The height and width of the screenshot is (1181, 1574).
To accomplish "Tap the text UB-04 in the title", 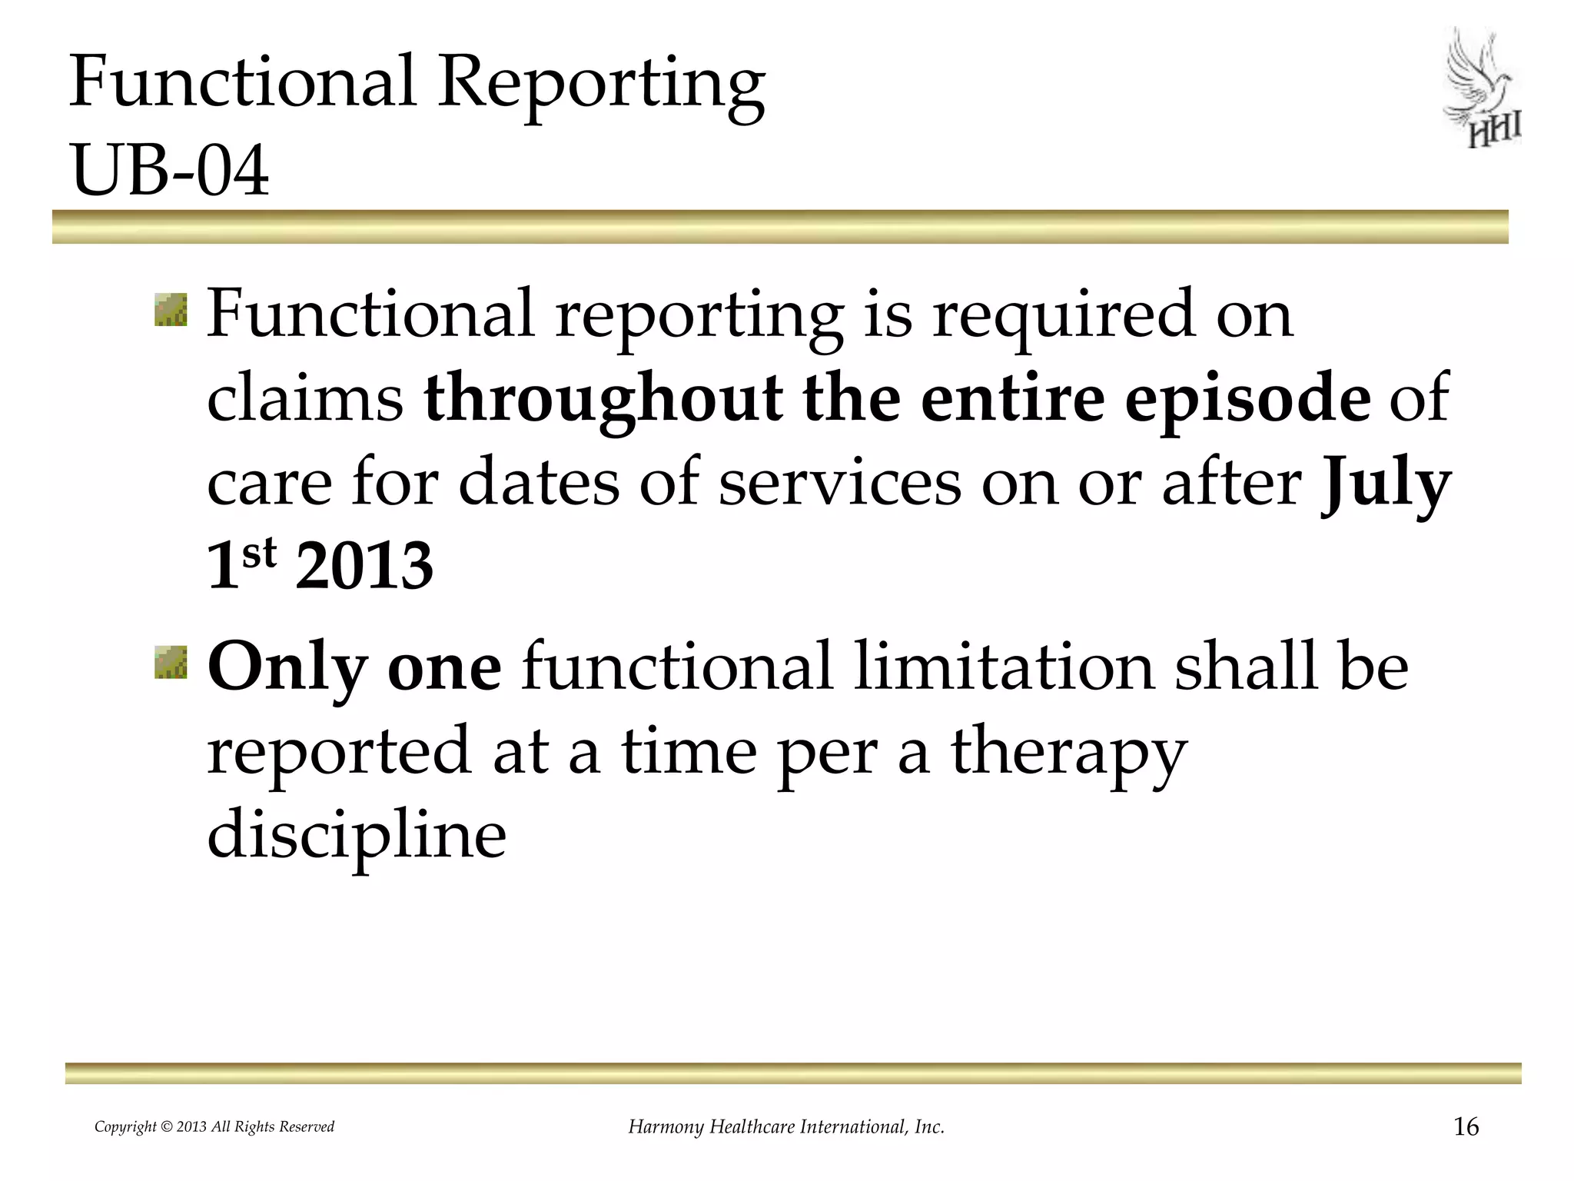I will [x=169, y=171].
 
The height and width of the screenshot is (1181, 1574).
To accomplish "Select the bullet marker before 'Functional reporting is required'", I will [x=171, y=309].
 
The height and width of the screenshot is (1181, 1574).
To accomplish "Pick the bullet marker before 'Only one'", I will [x=171, y=663].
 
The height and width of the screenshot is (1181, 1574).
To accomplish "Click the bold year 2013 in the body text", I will [x=364, y=566].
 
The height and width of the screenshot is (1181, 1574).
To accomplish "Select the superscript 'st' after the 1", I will [x=258, y=552].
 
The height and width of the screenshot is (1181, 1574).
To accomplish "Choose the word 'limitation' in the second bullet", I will [x=1003, y=666].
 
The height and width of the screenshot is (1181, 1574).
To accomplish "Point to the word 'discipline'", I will [x=357, y=833].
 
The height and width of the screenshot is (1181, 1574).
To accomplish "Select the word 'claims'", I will [x=305, y=398].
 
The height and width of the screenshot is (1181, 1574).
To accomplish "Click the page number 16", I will [x=1466, y=1127].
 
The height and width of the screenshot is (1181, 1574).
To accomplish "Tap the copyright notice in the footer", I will [x=214, y=1127].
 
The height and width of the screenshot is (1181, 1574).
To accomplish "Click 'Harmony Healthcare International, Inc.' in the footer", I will [x=786, y=1127].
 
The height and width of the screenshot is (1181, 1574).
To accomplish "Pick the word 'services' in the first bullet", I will [x=839, y=483].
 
